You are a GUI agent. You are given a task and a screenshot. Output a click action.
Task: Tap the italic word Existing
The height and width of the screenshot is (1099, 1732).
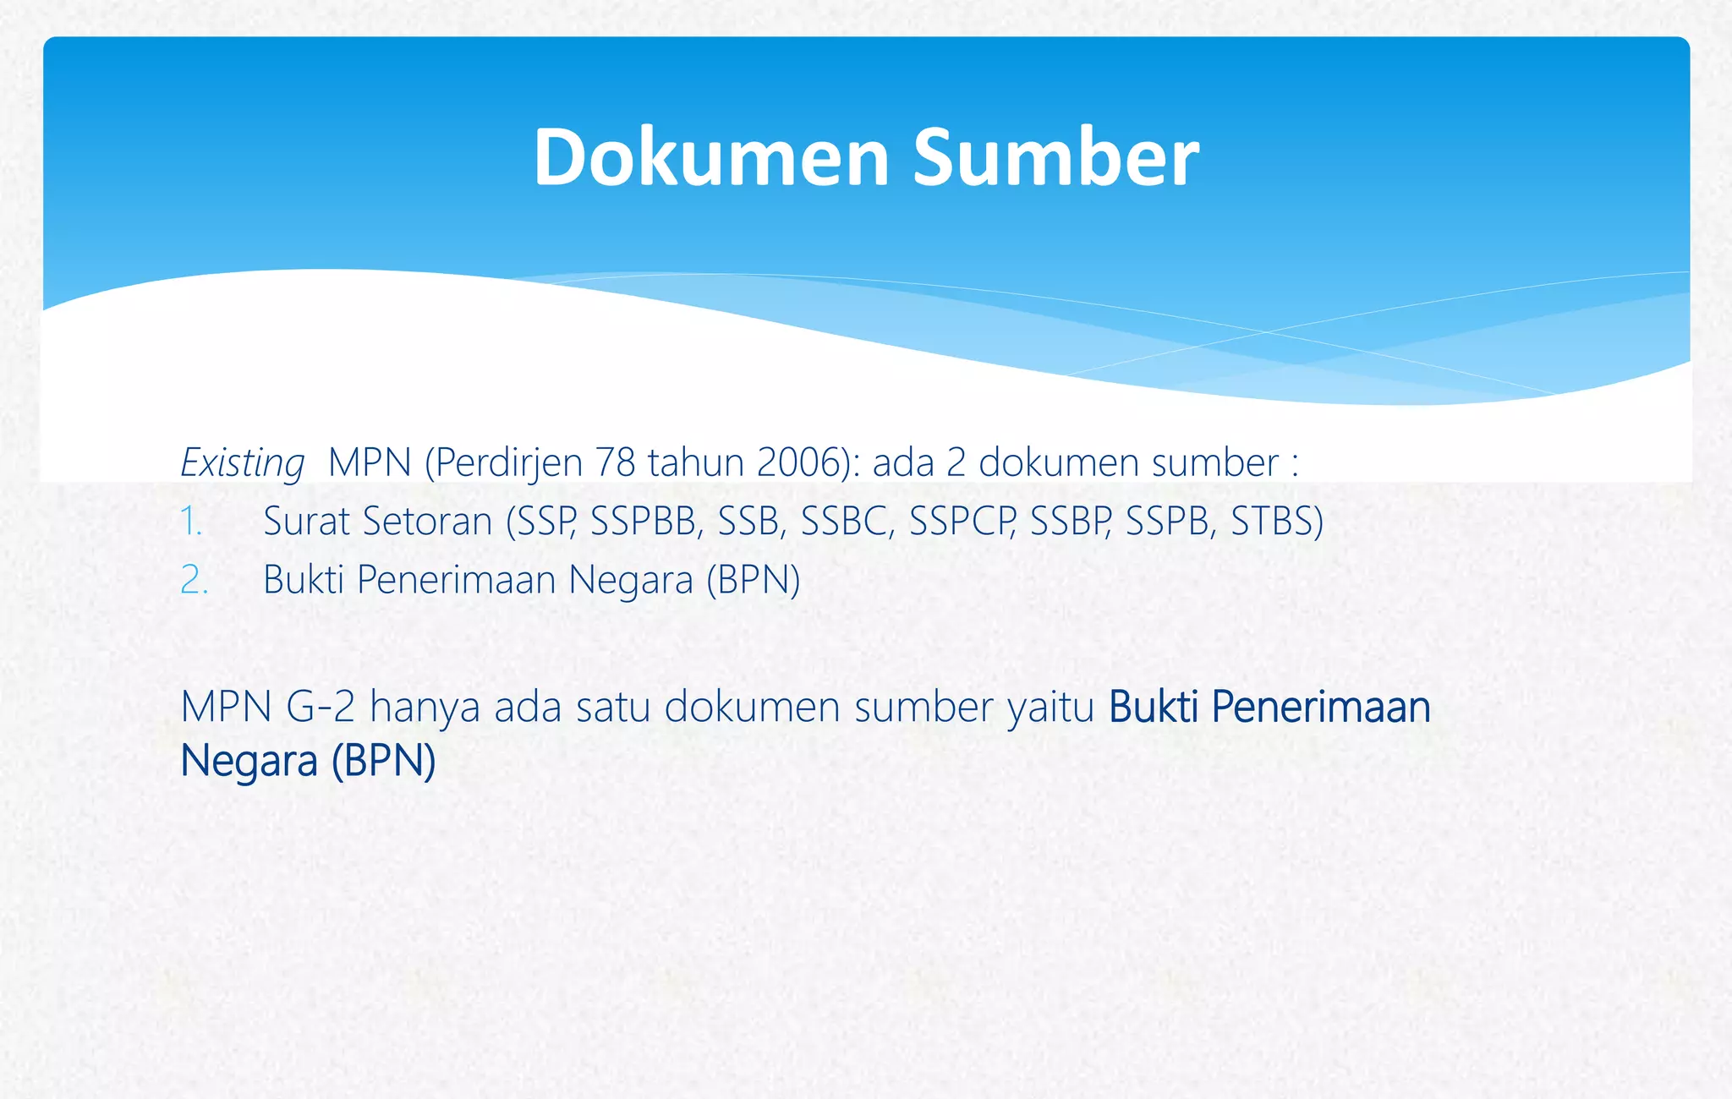pyautogui.click(x=242, y=463)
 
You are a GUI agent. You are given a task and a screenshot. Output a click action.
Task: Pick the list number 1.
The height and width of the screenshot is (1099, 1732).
pyautogui.click(x=190, y=522)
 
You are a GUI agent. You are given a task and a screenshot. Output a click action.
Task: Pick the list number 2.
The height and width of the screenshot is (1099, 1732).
pyautogui.click(x=194, y=580)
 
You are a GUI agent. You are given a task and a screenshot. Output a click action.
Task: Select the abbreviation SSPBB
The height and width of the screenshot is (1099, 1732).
pyautogui.click(x=646, y=522)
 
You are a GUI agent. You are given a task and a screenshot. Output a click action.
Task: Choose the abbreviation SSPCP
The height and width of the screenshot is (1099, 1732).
pyautogui.click(x=962, y=522)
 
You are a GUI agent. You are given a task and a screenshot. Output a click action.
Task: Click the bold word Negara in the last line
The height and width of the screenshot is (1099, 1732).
pyautogui.click(x=249, y=761)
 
